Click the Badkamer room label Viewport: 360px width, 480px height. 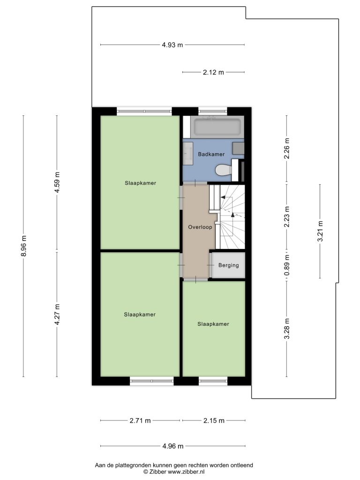tap(211, 154)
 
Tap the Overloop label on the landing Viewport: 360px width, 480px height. tap(200, 227)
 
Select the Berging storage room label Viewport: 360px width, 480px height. tap(228, 265)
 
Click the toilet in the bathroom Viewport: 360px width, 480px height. tap(224, 170)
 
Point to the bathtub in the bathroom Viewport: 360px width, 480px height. tap(217, 127)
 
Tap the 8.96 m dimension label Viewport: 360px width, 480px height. tap(24, 246)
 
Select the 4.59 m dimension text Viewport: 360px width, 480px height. tap(57, 183)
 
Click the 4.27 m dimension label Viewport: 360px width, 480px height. tap(57, 315)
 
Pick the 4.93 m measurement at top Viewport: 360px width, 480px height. tap(172, 45)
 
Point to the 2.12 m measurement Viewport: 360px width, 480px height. tap(213, 73)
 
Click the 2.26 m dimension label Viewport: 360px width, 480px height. tap(287, 149)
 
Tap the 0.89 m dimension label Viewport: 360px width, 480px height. tap(287, 265)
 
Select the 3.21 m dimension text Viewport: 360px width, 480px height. tap(320, 231)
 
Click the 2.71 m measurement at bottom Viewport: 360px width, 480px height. tap(140, 420)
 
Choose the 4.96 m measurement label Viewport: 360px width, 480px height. tap(173, 446)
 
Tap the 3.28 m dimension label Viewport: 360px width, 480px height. tap(287, 329)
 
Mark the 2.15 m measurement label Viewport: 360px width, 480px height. tap(214, 420)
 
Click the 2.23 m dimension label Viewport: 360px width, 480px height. tap(287, 217)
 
